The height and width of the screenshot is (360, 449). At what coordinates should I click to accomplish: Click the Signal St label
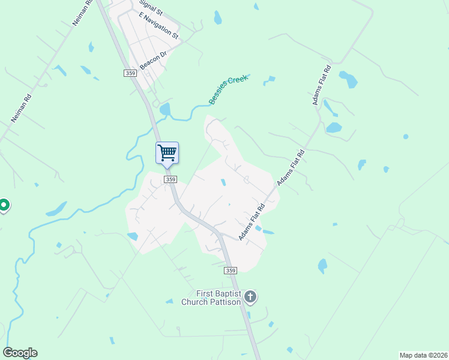coord(151,10)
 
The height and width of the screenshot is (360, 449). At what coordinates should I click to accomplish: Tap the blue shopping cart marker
coord(167,152)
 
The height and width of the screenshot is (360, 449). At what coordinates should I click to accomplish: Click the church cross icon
coord(250,296)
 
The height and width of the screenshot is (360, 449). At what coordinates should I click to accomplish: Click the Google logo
coord(20,353)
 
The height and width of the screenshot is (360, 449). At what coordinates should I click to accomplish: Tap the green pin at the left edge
coord(4,206)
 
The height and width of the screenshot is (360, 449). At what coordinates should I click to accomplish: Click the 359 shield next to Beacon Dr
coord(131,73)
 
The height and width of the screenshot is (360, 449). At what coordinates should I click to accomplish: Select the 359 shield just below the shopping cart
coord(170,179)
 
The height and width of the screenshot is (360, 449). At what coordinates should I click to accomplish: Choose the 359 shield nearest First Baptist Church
coord(231,271)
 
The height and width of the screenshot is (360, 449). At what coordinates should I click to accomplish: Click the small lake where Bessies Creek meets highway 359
coord(164,109)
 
